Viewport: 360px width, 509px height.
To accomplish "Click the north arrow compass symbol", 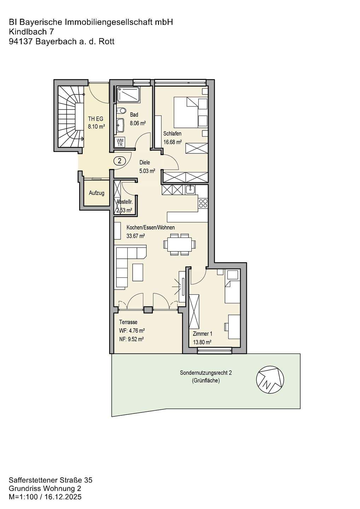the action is (270, 379).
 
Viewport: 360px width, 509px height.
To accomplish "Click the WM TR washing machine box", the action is (120, 142).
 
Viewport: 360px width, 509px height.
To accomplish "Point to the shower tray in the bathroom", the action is (128, 94).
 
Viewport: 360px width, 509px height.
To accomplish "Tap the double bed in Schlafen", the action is (191, 112).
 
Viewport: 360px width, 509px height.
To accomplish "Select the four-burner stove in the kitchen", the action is (203, 203).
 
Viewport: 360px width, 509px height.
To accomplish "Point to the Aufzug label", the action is (97, 193).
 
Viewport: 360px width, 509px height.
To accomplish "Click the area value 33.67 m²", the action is (136, 236).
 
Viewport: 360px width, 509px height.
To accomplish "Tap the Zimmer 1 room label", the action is (203, 334).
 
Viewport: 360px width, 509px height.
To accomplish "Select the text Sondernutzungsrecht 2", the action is (206, 373).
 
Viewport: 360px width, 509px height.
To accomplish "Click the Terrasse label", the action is (128, 322).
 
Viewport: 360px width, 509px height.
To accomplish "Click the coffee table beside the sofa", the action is (138, 272).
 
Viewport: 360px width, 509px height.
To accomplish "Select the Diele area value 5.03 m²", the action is (147, 171).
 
